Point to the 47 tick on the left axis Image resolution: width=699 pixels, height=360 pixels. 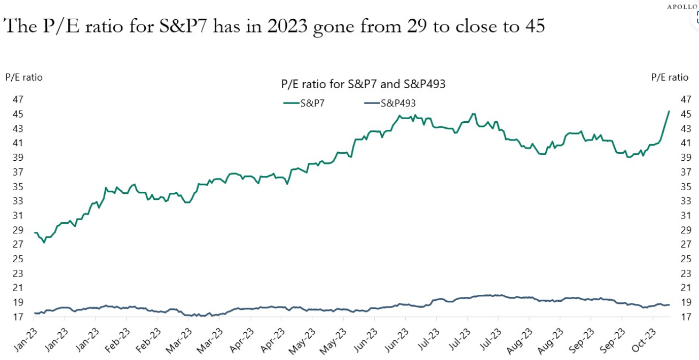click(18, 99)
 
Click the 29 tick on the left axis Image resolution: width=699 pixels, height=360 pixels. click(18, 230)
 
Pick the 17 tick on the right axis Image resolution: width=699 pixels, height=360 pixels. click(686, 317)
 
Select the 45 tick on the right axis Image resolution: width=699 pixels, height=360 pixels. click(686, 114)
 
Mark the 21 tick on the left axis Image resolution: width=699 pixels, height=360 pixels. click(18, 288)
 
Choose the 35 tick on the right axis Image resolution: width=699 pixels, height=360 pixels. click(686, 186)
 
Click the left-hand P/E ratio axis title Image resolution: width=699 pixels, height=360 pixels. click(24, 77)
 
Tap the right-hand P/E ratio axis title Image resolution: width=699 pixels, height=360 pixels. click(670, 77)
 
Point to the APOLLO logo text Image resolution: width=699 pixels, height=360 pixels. click(683, 6)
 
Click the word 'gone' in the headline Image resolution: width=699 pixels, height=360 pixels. click(332, 26)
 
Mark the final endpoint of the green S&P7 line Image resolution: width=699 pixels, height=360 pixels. click(669, 111)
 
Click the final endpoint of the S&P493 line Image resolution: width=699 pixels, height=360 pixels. click(669, 304)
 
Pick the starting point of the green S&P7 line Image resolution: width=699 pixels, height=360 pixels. click(35, 232)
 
